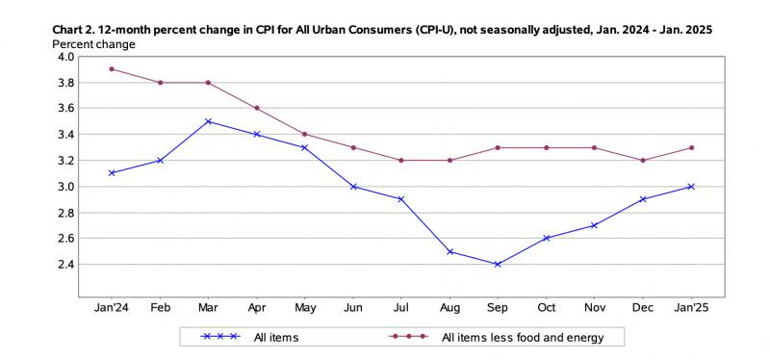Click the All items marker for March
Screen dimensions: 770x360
click(x=208, y=121)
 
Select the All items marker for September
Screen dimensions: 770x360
click(x=498, y=265)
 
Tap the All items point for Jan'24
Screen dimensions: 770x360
click(x=112, y=173)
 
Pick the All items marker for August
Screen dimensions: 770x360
click(x=449, y=251)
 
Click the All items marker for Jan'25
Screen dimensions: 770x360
click(x=691, y=187)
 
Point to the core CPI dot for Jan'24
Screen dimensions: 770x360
click(x=112, y=69)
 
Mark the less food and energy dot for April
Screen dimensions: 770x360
click(x=257, y=108)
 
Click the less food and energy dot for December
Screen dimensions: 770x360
click(x=643, y=160)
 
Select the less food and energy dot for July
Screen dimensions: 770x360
click(x=401, y=160)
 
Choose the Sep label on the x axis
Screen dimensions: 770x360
click(x=498, y=308)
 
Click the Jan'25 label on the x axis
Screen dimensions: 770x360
click(x=691, y=307)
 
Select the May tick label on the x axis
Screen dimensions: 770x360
click(x=305, y=308)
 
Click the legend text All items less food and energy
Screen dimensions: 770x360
click(x=523, y=338)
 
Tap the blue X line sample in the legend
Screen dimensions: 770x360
click(x=220, y=337)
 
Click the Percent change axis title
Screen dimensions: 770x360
click(x=93, y=44)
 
